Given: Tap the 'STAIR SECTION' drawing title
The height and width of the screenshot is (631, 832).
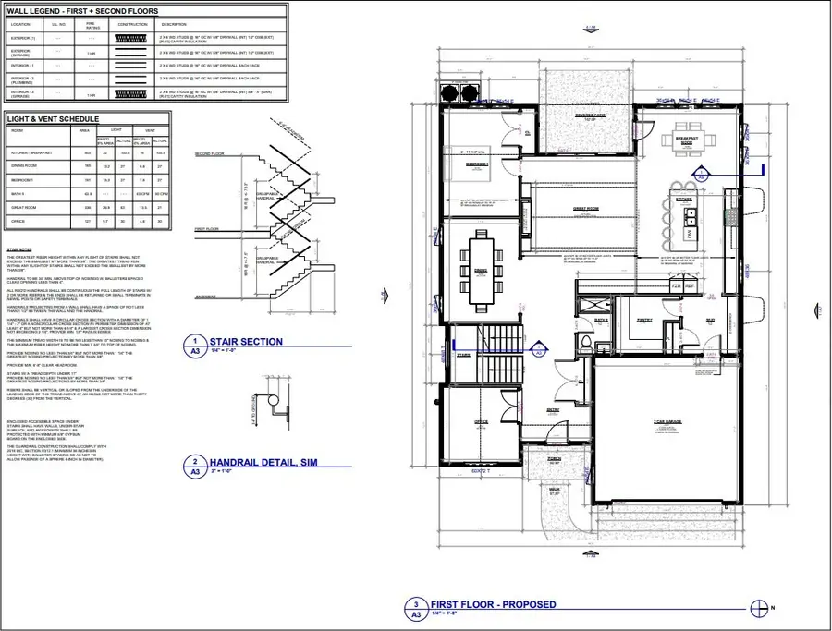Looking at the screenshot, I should pos(246,342).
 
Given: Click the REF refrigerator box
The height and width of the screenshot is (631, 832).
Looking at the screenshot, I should pos(689,285).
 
